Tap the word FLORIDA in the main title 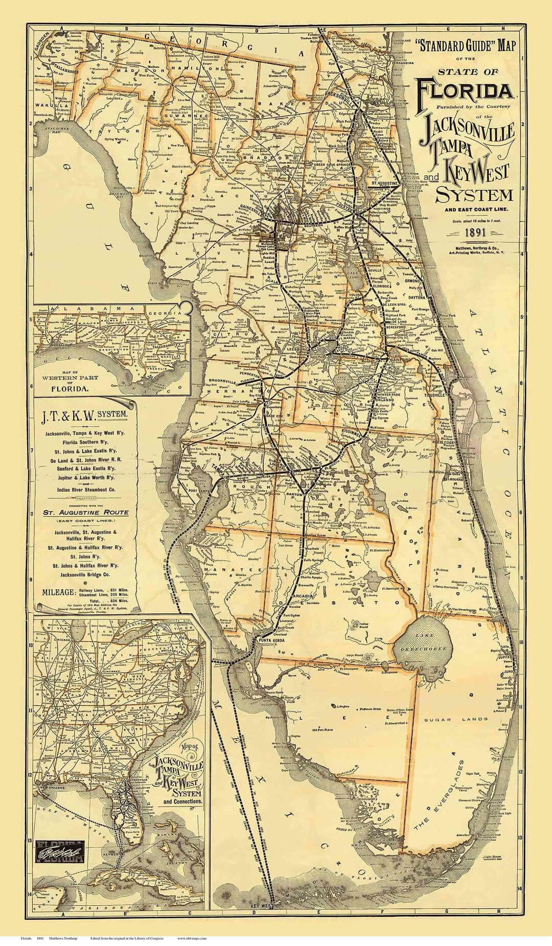(464, 90)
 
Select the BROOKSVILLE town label (223, 382)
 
